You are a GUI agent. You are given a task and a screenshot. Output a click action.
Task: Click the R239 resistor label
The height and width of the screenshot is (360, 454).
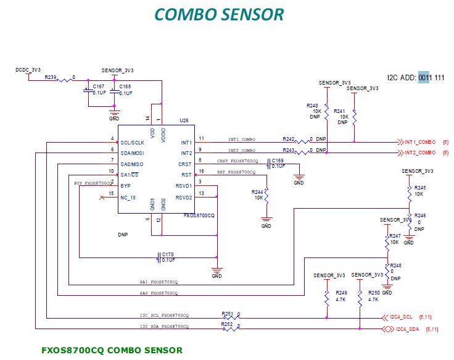[51, 78]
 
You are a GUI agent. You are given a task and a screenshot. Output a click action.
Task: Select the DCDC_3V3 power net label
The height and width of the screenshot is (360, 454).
[28, 70]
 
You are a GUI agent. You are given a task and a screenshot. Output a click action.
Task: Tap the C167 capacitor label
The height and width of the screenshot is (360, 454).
[99, 86]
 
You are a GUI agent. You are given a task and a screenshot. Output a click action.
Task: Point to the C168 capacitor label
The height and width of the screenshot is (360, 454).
[125, 86]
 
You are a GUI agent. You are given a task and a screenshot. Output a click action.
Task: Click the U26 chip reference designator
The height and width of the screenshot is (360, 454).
[184, 120]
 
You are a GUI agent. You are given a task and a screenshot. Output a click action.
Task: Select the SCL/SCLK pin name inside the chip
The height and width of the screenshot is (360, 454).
[133, 143]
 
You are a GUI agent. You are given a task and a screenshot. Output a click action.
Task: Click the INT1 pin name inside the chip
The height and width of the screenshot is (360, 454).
[186, 143]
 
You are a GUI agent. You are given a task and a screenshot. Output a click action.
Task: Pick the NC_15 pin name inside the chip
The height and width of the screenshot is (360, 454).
[128, 198]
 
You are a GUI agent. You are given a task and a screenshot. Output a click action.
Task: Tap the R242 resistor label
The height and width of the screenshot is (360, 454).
[289, 139]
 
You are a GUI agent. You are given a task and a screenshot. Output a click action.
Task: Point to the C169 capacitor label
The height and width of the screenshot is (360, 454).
[278, 161]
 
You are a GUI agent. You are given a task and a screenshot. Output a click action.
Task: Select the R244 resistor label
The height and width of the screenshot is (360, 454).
[258, 192]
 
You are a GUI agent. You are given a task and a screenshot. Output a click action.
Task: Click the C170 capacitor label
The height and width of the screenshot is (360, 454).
[168, 254]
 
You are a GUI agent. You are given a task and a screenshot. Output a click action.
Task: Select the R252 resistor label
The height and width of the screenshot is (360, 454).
[227, 324]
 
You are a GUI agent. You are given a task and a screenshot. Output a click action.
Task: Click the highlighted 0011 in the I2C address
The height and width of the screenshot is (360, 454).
[424, 78]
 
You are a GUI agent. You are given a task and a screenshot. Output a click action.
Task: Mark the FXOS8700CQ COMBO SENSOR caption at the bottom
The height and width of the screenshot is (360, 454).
[112, 350]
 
